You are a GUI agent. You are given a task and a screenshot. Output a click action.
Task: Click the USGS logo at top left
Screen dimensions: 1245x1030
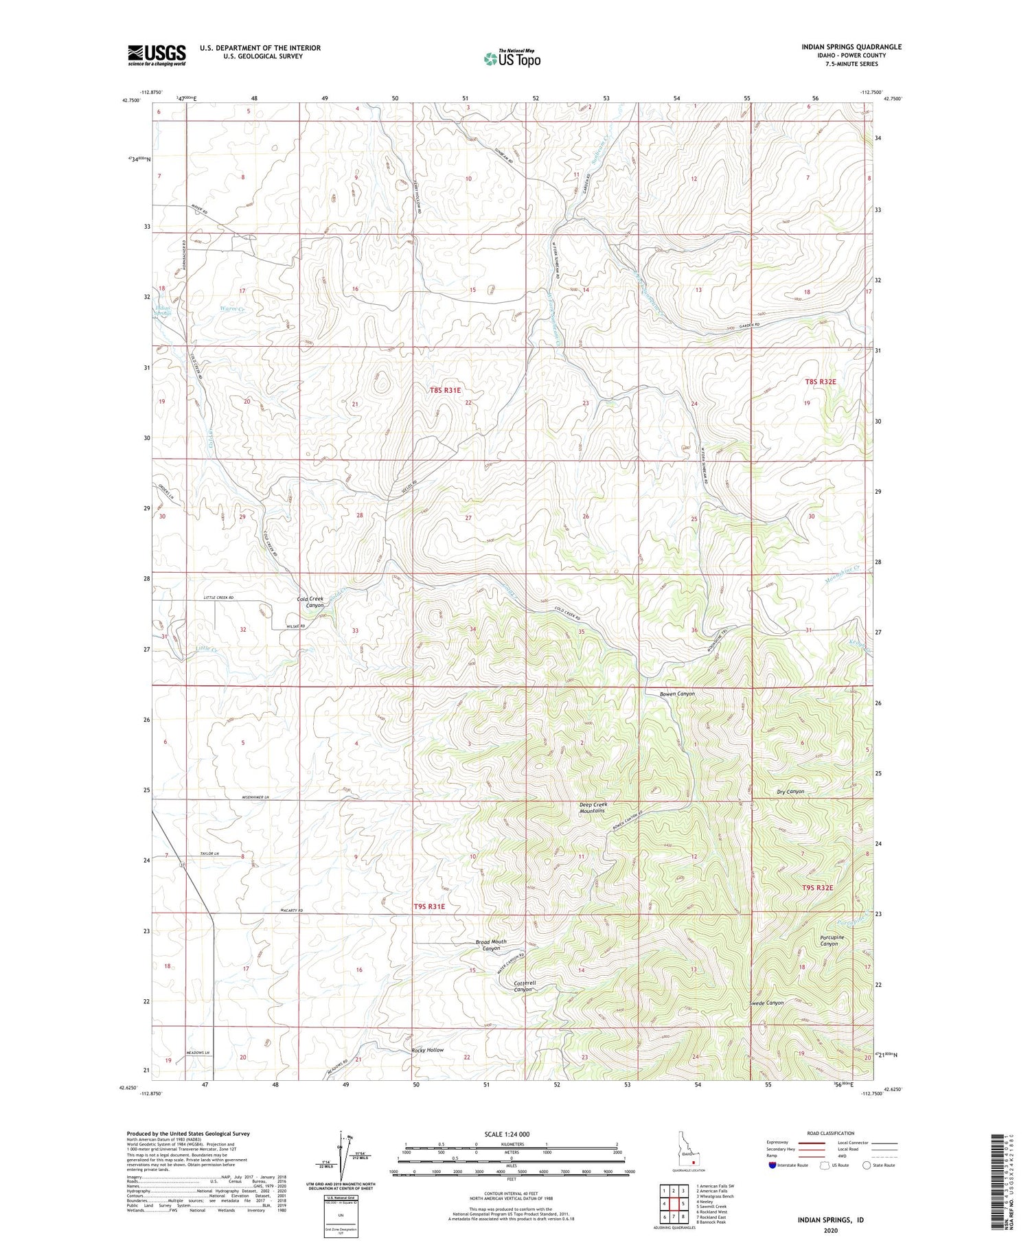click(x=157, y=55)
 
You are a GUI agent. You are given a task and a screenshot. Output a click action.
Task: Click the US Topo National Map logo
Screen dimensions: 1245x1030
click(x=512, y=58)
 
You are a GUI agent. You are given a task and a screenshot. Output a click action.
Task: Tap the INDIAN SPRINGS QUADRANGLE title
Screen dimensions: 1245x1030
click(x=842, y=47)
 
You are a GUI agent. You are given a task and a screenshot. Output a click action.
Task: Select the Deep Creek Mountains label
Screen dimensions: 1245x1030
click(x=592, y=807)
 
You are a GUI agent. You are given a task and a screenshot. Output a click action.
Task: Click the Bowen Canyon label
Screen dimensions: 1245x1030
click(x=677, y=694)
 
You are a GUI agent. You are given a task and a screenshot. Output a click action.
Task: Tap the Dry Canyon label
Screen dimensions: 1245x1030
click(x=790, y=792)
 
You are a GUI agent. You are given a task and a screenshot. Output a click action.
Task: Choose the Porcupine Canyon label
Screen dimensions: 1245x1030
click(x=832, y=940)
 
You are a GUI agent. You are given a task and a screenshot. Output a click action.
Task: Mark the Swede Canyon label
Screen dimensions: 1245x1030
click(x=766, y=1003)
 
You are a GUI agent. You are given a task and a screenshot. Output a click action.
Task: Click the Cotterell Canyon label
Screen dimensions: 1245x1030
click(x=525, y=986)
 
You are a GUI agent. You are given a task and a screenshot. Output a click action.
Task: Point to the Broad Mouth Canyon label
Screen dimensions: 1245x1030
click(x=491, y=945)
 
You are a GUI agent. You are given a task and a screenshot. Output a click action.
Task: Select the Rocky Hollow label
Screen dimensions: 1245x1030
click(x=427, y=1050)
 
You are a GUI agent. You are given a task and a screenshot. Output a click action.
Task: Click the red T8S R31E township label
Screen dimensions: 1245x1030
click(x=445, y=390)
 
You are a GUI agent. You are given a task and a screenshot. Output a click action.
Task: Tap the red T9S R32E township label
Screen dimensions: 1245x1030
click(x=817, y=888)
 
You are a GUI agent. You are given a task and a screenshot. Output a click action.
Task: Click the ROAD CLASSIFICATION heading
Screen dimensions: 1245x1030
click(x=831, y=1133)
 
